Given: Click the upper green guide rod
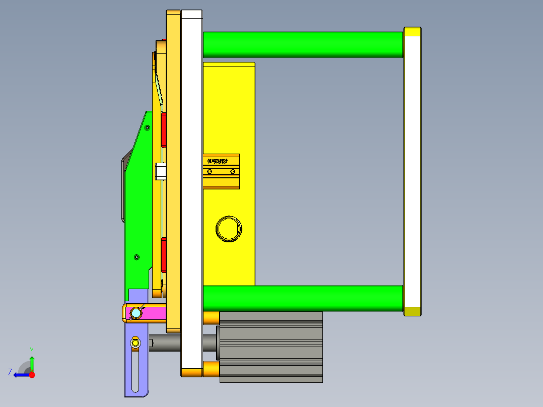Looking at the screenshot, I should [x=302, y=44].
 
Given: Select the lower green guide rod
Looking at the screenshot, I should [x=302, y=298].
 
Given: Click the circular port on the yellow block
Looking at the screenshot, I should [x=229, y=229].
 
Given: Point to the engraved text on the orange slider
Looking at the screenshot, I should [x=218, y=161].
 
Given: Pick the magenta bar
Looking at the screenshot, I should [x=151, y=313].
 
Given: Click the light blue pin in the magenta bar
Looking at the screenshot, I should [x=135, y=314].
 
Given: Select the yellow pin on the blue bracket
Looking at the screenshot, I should [x=135, y=344].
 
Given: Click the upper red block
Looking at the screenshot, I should [x=164, y=130].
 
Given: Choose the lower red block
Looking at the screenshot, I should [x=164, y=255].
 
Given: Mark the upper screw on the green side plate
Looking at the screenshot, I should [x=147, y=128].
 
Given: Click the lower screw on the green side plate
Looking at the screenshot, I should [x=137, y=257].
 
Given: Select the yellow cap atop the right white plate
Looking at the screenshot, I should [x=413, y=32].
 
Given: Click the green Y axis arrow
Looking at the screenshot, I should [x=32, y=362].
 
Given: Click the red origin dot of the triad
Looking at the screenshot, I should [x=32, y=375].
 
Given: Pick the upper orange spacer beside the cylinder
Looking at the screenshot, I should [x=211, y=317].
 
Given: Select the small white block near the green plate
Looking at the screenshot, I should [x=161, y=171].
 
